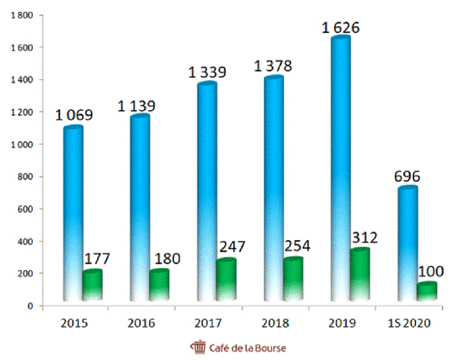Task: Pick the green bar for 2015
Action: click(x=92, y=286)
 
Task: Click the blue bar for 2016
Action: click(x=139, y=208)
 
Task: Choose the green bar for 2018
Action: click(x=292, y=280)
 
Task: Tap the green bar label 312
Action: click(x=365, y=238)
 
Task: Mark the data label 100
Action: click(x=431, y=271)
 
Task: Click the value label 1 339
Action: click(x=207, y=72)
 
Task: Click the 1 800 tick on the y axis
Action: click(x=22, y=15)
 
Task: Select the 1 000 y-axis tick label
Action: click(x=22, y=144)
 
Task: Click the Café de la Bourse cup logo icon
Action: click(x=199, y=347)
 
